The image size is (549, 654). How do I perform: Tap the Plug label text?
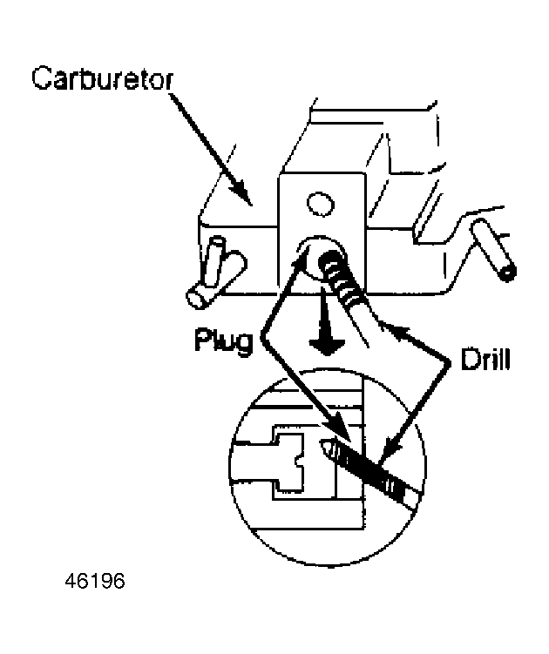pos(223,340)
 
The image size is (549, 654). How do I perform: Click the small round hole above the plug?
pos(315,205)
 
